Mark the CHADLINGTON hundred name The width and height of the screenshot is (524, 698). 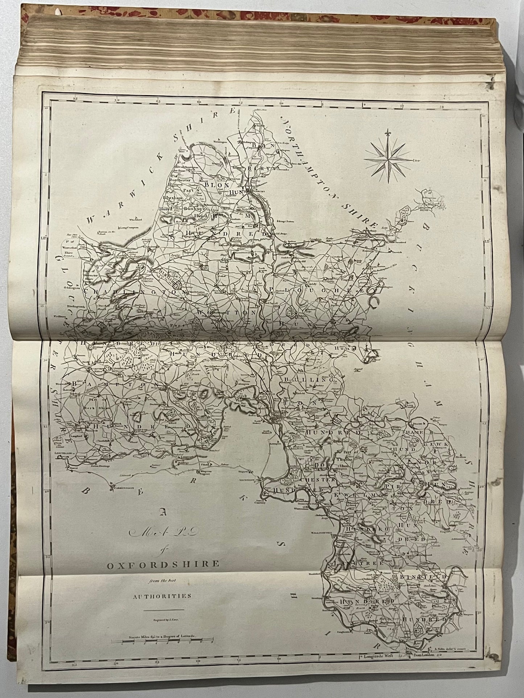pyautogui.click(x=135, y=291)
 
